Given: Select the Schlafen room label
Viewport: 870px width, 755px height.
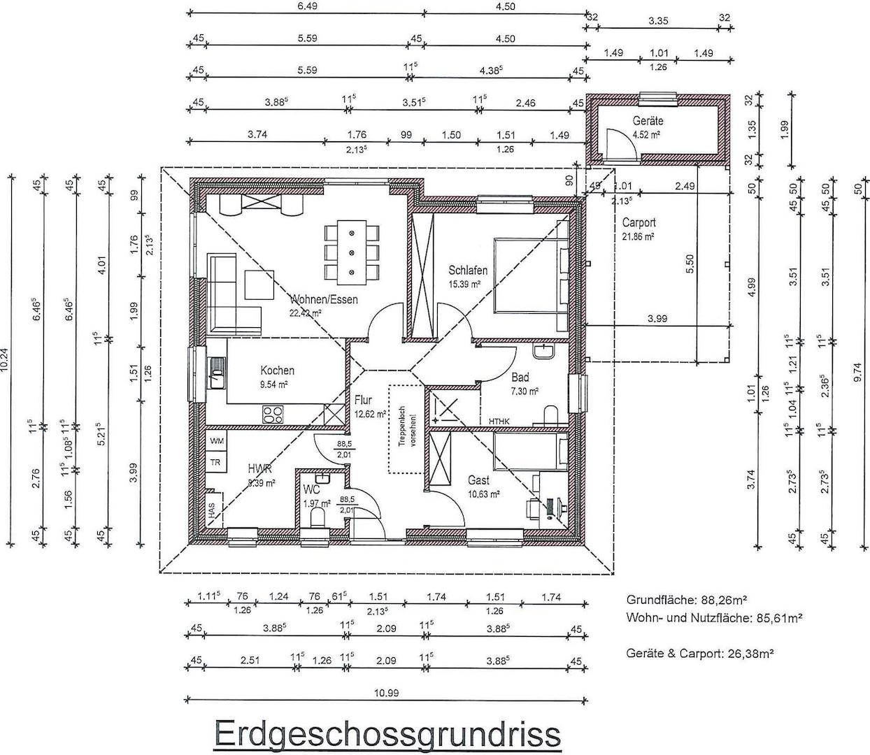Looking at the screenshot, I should click(x=468, y=271).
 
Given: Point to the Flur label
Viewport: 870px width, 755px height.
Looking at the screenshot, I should click(x=363, y=401).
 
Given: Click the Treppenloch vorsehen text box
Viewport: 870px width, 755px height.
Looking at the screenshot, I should click(x=406, y=429).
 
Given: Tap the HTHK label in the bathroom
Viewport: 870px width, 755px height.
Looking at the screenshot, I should click(x=499, y=421).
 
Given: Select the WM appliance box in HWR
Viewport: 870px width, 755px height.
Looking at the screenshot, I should click(x=217, y=441).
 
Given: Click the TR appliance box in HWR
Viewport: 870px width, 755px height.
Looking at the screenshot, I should click(x=217, y=463).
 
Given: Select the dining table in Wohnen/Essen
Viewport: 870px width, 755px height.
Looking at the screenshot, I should click(x=351, y=251).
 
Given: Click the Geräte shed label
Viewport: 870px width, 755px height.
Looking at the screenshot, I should click(x=648, y=121).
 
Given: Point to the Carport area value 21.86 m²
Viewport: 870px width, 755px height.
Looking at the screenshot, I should click(x=638, y=237).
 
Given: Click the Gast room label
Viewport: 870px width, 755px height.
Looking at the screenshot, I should click(x=478, y=480).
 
